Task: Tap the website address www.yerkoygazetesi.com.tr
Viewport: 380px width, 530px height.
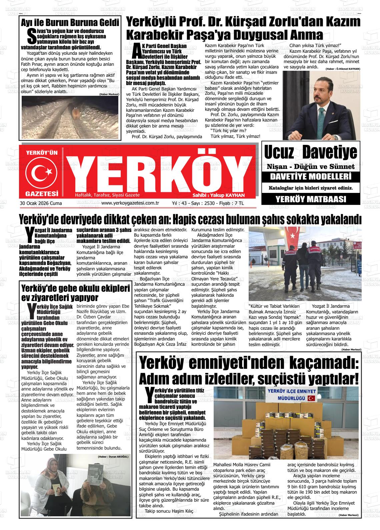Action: click(x=130, y=203)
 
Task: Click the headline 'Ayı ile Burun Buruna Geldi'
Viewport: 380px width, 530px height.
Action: click(x=70, y=23)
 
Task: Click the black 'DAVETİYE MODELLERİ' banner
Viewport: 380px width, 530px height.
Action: click(x=311, y=177)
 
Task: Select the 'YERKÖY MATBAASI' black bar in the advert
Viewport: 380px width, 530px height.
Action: click(x=311, y=200)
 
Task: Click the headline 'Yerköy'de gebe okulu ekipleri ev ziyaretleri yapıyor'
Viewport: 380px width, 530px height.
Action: click(x=75, y=292)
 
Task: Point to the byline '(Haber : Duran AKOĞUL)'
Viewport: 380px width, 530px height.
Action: click(x=113, y=456)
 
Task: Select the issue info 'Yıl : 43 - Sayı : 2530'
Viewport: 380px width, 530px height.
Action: click(x=194, y=203)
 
